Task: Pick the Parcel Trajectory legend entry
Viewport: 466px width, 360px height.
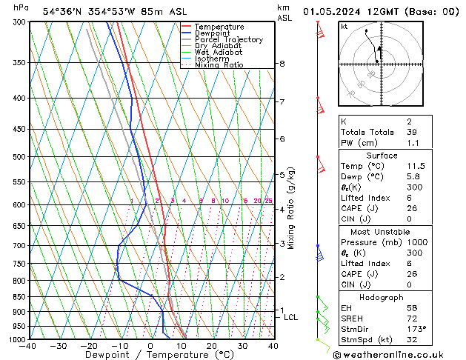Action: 228,40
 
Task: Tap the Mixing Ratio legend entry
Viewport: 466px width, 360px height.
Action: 219,65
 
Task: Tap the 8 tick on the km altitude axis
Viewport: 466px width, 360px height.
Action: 282,64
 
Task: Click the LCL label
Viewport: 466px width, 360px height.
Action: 291,317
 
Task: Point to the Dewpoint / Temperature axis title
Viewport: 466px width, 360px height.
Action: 150,355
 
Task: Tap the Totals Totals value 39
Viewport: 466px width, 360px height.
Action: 411,132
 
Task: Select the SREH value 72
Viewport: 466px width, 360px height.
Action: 412,318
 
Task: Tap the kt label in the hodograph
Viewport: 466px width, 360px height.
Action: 344,26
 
